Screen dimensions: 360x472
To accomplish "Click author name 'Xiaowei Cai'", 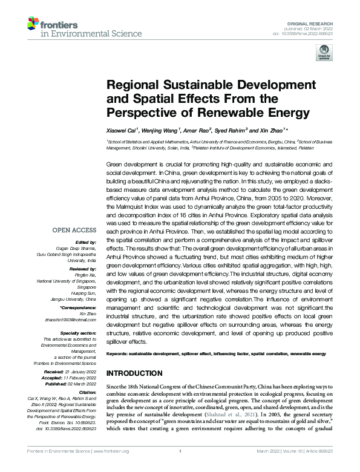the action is coord(122,130).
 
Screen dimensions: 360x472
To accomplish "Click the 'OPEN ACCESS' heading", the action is coord(75,231).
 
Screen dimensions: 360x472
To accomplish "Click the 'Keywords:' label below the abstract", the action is coord(120,353).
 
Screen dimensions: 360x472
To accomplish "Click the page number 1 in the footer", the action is coord(180,467).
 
